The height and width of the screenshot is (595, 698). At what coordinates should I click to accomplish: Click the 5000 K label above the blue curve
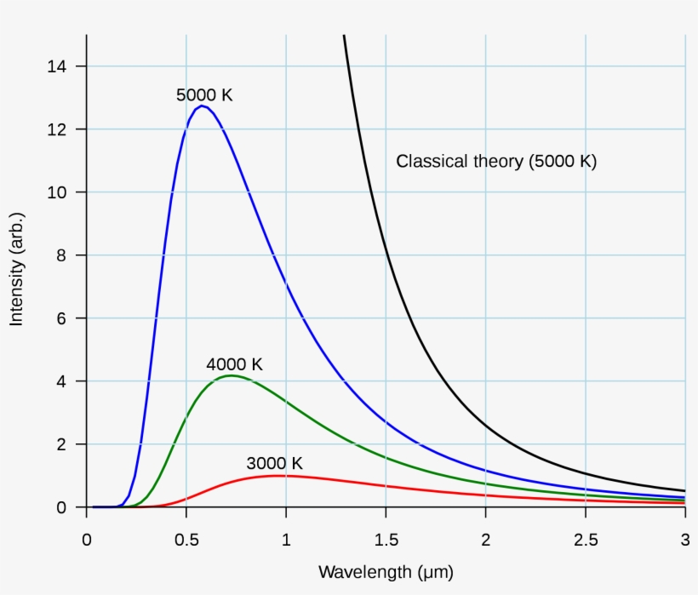coord(204,95)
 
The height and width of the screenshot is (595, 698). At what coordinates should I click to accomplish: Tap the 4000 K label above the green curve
coord(235,364)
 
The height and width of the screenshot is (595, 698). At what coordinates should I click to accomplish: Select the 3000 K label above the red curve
coord(274,464)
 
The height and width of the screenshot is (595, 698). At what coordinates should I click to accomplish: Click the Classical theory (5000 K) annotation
coord(496,161)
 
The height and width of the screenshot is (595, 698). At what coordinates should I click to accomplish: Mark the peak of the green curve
coord(230,375)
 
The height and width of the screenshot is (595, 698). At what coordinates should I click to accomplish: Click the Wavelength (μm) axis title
coord(386,571)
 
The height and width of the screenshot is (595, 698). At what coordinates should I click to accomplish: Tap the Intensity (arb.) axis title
coord(16,271)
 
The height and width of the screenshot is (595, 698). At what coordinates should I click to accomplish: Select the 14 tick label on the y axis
coord(56,66)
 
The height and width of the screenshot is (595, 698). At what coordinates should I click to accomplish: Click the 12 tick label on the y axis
coord(56,129)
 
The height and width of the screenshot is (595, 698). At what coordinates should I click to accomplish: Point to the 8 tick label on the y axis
coord(60,255)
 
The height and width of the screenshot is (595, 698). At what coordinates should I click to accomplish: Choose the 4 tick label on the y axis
coord(60,381)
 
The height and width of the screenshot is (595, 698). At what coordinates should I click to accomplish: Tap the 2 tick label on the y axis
coord(60,444)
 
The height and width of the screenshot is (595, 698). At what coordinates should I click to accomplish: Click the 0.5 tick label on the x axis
coord(186,540)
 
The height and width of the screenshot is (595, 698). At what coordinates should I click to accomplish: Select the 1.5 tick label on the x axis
coord(386,540)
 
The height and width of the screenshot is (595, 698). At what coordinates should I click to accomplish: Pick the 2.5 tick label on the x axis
coord(586,540)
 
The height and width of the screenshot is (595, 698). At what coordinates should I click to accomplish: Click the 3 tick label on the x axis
coord(685,540)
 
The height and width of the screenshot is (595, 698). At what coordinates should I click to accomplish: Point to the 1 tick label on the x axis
coord(286,540)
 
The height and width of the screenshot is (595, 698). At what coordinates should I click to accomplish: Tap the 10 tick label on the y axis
coord(56,192)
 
